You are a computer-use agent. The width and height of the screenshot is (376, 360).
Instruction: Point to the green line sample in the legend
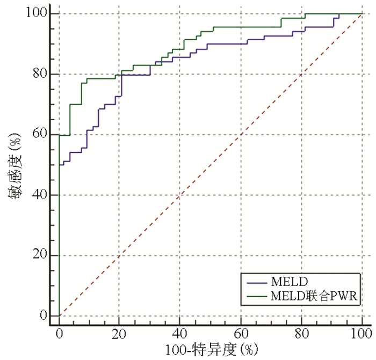click(256, 295)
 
